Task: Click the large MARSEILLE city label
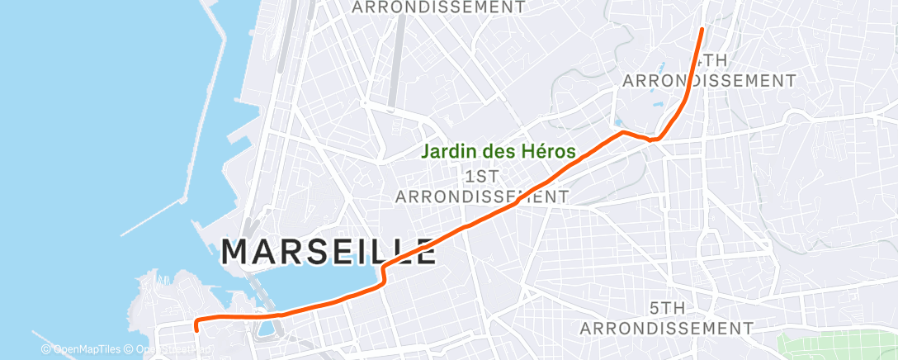[328, 251]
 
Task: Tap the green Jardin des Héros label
[499, 152]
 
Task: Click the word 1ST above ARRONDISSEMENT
[481, 177]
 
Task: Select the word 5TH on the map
[666, 308]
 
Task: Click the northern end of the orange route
[702, 29]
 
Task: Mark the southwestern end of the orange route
[196, 329]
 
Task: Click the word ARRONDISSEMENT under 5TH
[666, 328]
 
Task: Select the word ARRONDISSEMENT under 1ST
[481, 197]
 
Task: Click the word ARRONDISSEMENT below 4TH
[708, 81]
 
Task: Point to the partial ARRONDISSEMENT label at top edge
[438, 7]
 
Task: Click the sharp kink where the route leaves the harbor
[383, 268]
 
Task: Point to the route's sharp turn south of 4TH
[653, 140]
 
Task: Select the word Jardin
[446, 152]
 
